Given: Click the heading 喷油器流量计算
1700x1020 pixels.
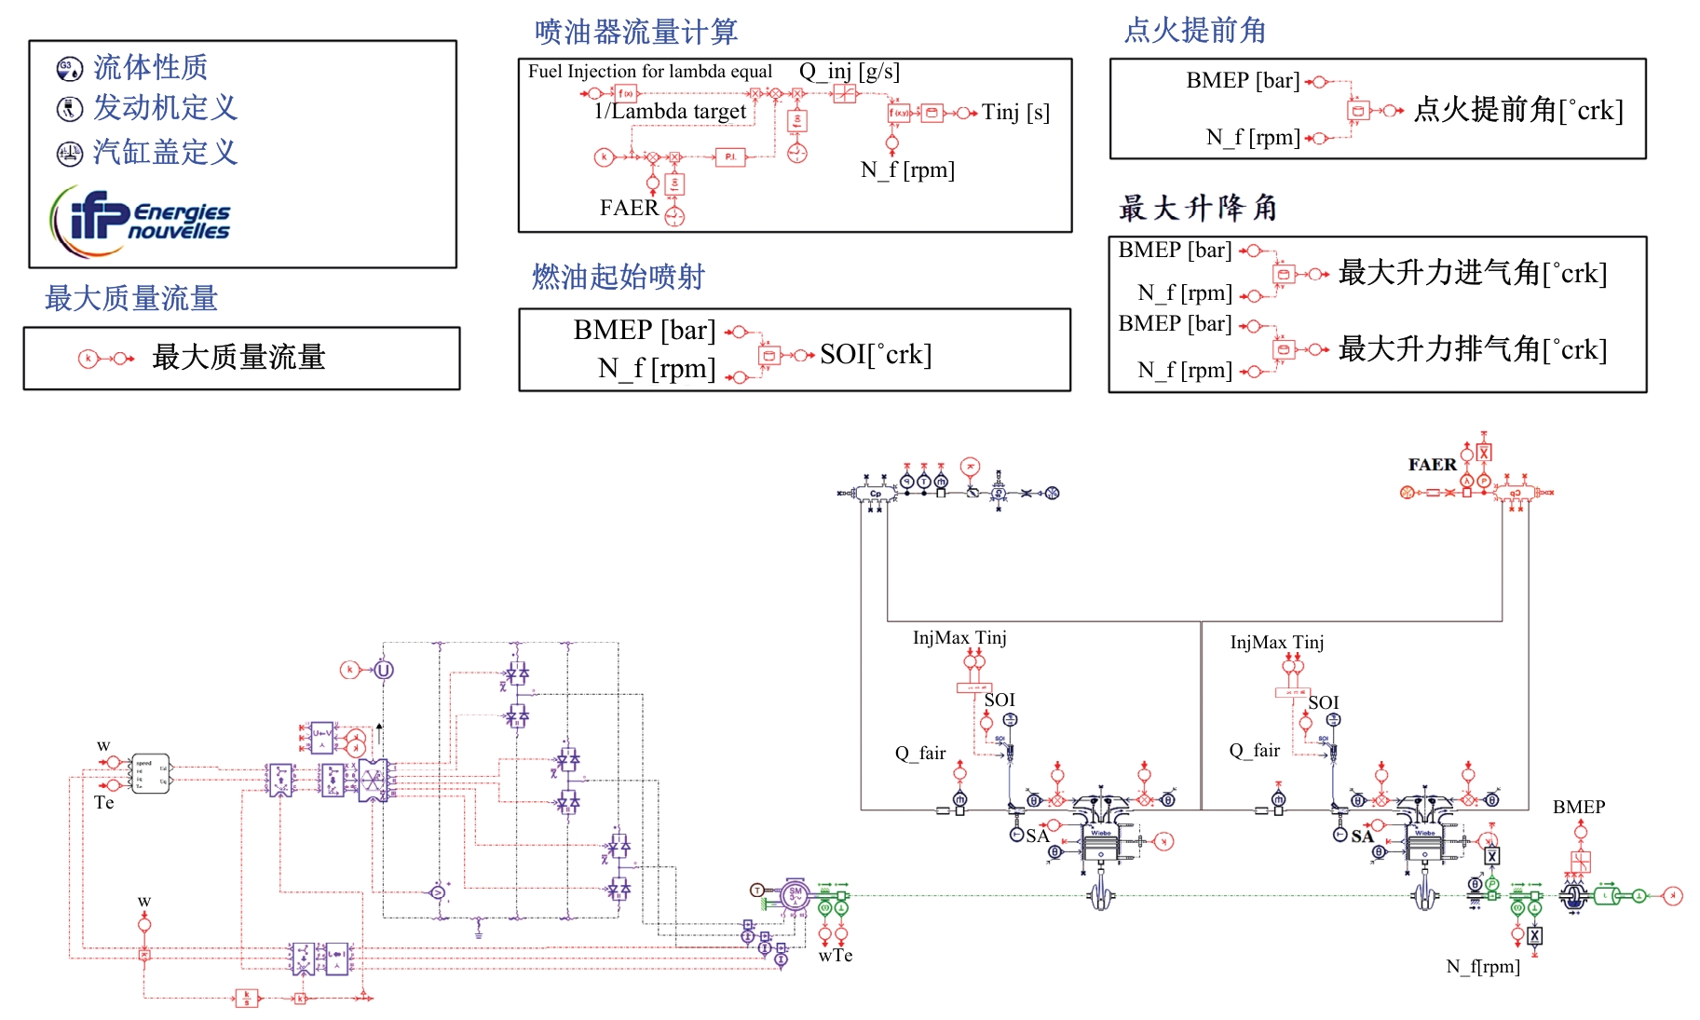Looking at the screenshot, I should click(x=636, y=32).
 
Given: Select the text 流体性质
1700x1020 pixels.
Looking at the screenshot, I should click(x=150, y=67).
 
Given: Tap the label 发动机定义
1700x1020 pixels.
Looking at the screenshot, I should click(x=165, y=108).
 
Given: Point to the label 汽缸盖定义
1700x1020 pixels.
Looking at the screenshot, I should click(x=165, y=152).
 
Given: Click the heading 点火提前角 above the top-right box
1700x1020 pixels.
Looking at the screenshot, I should click(x=1195, y=30).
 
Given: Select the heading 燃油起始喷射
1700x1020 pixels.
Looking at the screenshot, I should click(x=619, y=277).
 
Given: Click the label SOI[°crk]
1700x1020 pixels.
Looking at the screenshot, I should click(x=876, y=354).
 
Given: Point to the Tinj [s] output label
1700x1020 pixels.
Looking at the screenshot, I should click(x=1015, y=113).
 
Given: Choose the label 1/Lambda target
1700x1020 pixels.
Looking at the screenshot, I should click(x=670, y=112).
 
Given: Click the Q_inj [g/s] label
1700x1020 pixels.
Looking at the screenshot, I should click(x=850, y=71).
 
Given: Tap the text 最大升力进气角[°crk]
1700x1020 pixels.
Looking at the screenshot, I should click(x=1473, y=273).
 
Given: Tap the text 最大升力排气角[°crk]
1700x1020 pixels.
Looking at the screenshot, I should click(x=1473, y=349).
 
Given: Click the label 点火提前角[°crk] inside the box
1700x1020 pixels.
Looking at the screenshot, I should click(x=1518, y=110).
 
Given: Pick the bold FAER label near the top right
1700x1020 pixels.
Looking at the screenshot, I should click(x=1432, y=464).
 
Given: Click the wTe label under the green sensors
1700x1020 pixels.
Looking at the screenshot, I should click(x=836, y=956).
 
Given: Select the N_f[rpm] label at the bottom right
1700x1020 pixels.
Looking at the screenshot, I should click(x=1483, y=967).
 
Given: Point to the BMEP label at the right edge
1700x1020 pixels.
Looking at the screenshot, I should click(x=1579, y=807).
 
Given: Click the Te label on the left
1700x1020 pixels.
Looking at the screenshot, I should click(x=104, y=803).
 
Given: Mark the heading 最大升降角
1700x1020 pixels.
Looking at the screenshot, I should click(x=1198, y=208).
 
